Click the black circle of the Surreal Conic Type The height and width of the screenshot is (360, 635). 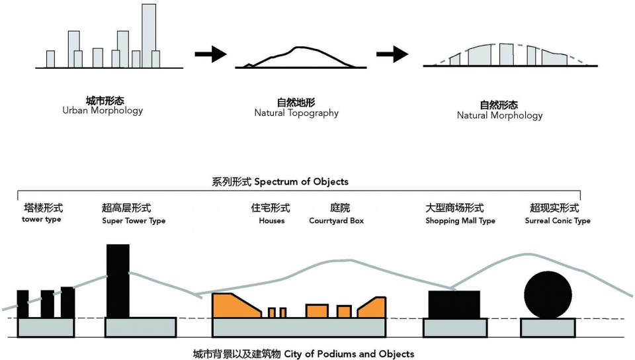(547, 294)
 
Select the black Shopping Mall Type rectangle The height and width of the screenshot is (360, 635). (454, 304)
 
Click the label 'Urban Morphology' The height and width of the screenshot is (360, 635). (103, 111)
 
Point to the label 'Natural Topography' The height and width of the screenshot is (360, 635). (296, 113)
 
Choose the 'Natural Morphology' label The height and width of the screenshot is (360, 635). (499, 115)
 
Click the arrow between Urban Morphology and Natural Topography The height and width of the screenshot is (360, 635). (210, 54)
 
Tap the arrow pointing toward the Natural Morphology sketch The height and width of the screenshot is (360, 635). (392, 54)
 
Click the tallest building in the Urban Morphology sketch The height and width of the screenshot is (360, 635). (149, 33)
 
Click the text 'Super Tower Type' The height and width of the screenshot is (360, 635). (134, 220)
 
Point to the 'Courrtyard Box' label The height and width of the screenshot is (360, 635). (336, 220)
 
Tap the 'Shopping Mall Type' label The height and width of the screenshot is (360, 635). (460, 220)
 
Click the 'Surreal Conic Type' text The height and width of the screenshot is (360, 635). (558, 220)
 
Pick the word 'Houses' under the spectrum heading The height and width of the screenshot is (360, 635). (272, 220)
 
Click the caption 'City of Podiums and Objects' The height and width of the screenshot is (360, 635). (349, 354)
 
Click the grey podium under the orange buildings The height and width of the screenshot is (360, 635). (298, 327)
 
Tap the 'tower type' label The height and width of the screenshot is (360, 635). (41, 219)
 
